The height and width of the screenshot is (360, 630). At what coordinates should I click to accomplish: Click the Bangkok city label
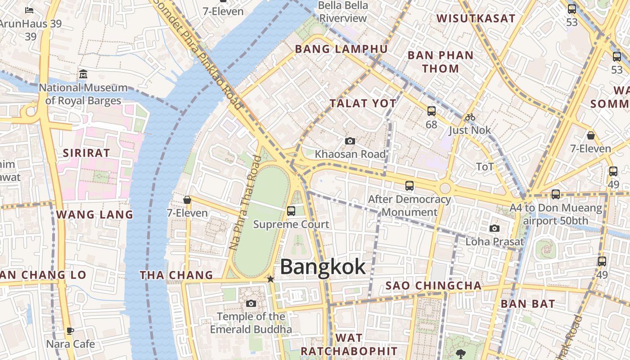[x=323, y=267]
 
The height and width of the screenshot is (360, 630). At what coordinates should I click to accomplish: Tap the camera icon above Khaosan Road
[x=350, y=141]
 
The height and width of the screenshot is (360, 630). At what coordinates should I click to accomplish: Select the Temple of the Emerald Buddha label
[x=251, y=323]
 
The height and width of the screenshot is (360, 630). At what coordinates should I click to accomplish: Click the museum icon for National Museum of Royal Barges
[x=83, y=74]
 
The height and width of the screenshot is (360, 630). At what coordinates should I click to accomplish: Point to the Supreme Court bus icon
[x=291, y=211]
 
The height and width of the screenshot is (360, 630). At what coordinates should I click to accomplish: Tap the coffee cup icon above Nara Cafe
[x=70, y=331]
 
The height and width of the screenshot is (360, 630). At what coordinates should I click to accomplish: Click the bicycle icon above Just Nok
[x=470, y=117]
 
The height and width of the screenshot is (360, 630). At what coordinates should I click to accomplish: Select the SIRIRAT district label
[x=86, y=153]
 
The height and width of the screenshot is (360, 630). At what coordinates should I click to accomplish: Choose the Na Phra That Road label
[x=245, y=202]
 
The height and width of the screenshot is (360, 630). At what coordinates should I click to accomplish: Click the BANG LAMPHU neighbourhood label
[x=341, y=49]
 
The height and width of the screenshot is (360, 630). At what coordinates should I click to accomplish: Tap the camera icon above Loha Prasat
[x=495, y=229]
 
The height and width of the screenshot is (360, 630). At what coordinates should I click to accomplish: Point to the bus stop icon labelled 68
[x=432, y=111]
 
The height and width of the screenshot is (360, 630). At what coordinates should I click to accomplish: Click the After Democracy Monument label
[x=409, y=205]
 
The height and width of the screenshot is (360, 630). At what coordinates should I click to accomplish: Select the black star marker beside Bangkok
[x=270, y=279]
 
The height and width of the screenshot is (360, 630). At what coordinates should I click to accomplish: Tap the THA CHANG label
[x=176, y=275]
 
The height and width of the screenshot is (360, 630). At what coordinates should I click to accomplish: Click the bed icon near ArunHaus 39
[x=30, y=10]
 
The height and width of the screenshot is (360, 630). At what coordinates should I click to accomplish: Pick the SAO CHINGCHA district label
[x=433, y=286]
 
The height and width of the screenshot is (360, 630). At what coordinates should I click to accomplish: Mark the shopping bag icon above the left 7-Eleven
[x=187, y=200]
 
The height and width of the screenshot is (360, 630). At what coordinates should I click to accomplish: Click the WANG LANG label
[x=94, y=215]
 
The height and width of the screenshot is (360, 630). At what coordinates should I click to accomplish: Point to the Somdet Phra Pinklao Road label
[x=198, y=52]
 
